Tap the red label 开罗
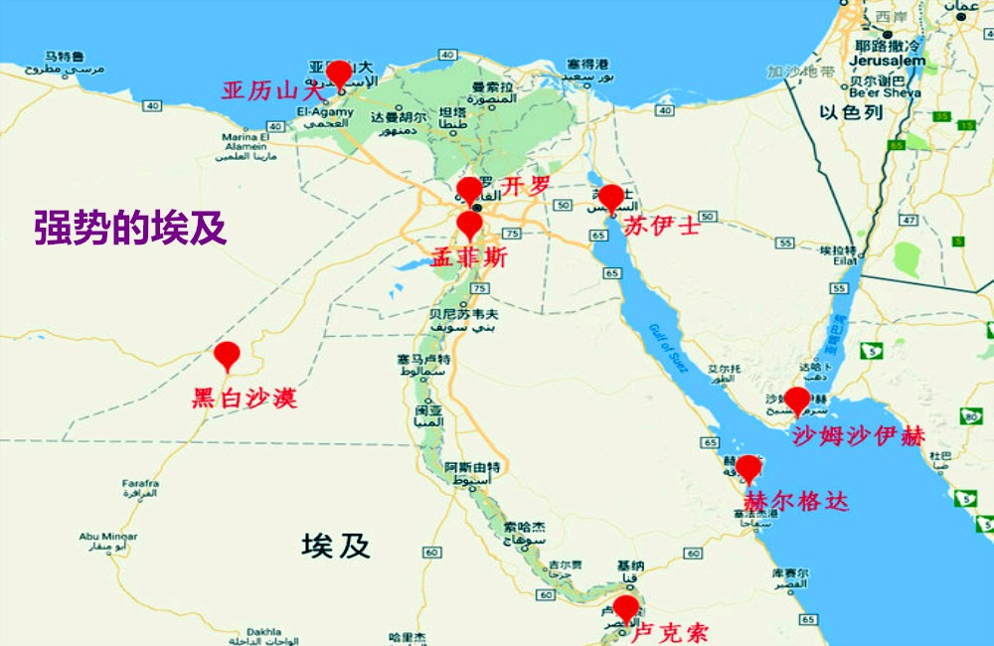pyautogui.click(x=525, y=186)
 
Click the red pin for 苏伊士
pyautogui.click(x=610, y=198)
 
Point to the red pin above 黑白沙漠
pyautogui.click(x=228, y=355)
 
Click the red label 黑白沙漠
pyautogui.click(x=244, y=400)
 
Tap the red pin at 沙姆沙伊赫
pyautogui.click(x=797, y=402)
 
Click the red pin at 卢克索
pyautogui.click(x=625, y=607)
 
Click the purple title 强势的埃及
pyautogui.click(x=131, y=228)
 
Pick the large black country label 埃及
pyautogui.click(x=336, y=545)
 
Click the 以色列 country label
pyautogui.click(x=851, y=113)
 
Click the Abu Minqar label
pyautogui.click(x=108, y=537)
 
